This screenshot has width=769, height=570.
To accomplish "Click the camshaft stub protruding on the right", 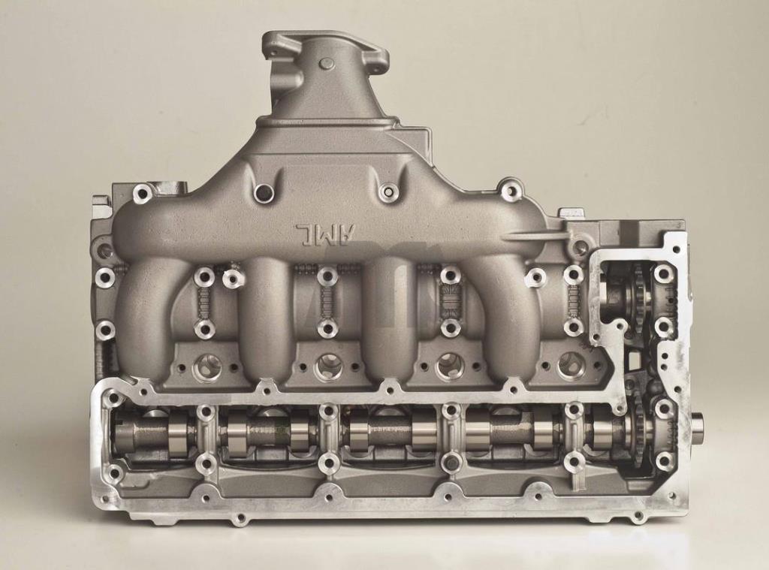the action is [x=696, y=425].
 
